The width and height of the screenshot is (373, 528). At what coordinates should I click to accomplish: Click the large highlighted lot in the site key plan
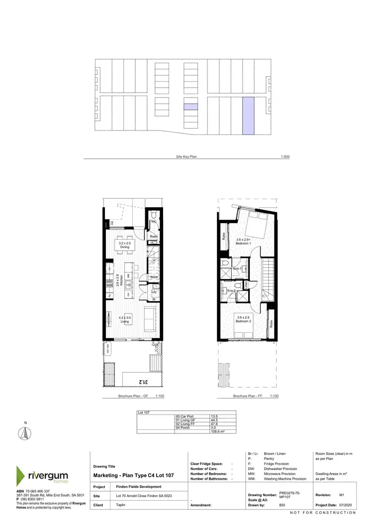tap(248, 116)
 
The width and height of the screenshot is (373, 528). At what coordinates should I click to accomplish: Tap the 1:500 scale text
tap(285, 156)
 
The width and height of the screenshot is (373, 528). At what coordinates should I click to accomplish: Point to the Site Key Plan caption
tap(186, 156)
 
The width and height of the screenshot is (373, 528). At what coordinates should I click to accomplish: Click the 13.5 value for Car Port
tap(215, 415)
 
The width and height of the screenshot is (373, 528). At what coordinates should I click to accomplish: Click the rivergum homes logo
tap(45, 475)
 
